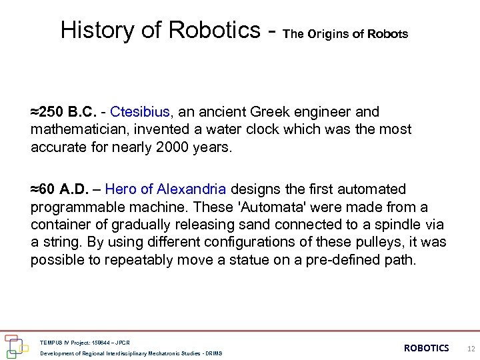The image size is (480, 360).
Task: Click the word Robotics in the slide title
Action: coord(215,30)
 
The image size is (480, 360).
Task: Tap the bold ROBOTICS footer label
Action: coord(427,348)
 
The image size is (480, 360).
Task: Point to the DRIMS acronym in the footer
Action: coord(213,353)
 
